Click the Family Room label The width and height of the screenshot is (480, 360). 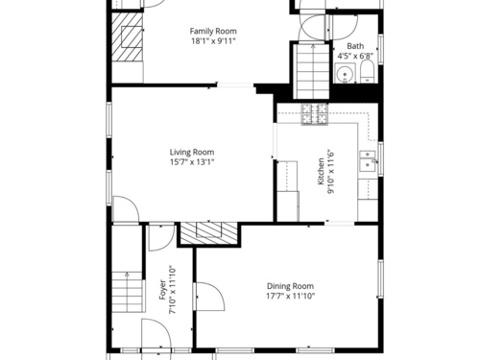coord(213,32)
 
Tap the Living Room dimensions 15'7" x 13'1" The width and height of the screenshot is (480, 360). coord(192,162)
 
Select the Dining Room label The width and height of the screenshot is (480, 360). coord(290,286)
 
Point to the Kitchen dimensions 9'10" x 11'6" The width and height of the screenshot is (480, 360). coord(330,172)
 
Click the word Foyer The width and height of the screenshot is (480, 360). coord(162,290)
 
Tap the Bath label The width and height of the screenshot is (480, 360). coord(355,46)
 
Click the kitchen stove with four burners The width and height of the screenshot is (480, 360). coord(314,114)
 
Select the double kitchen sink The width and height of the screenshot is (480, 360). coord(368,161)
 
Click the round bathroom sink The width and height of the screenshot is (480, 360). coord(345,73)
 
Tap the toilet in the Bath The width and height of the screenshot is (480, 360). coord(368,72)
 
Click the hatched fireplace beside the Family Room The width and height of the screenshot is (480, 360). coord(127,37)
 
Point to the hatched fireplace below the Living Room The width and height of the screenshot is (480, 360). coord(209,233)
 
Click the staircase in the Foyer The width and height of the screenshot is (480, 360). coord(127,292)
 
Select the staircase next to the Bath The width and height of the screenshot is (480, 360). coord(313,71)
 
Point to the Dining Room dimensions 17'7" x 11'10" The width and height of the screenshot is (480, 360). coord(290,296)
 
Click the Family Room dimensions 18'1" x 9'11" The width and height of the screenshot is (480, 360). coord(213,41)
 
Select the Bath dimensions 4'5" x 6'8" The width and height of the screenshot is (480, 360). coord(355,56)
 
